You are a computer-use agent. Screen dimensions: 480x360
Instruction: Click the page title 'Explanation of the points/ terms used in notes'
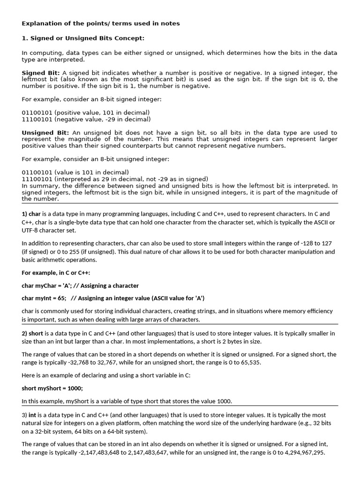tap(100, 23)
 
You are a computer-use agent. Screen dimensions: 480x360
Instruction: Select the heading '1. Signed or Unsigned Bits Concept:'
tap(83, 38)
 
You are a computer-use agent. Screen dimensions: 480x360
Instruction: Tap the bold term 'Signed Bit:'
tap(41, 73)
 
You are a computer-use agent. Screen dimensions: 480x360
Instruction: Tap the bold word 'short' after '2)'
tap(36, 333)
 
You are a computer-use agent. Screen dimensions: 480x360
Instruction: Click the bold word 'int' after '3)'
tap(32, 415)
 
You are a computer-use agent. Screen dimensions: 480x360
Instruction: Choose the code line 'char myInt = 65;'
tap(44, 298)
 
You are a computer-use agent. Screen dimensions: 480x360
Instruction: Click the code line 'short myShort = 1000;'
tap(52, 388)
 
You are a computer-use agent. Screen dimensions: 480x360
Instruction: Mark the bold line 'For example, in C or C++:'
tap(56, 273)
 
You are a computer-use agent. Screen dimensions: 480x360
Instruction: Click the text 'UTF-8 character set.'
tap(52, 231)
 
